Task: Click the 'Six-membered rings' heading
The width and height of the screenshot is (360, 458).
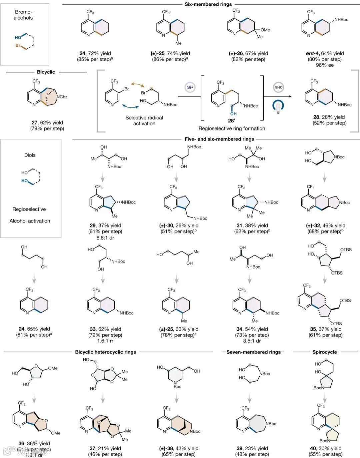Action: pos(208,4)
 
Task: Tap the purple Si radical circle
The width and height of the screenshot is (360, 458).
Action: pos(189,87)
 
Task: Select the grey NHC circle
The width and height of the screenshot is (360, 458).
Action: pos(278,87)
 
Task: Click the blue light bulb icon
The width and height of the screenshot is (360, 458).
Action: pos(278,106)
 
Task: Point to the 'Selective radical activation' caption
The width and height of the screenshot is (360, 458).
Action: pos(144,120)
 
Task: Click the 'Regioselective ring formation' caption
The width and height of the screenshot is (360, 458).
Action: pos(232,128)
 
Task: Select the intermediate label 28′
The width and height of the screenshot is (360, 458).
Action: pos(231,121)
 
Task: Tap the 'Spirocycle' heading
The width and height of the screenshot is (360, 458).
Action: pos(324,352)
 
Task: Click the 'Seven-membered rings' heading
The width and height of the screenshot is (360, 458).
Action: pos(253,352)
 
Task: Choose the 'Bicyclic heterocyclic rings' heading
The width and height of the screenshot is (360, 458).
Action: pos(105,352)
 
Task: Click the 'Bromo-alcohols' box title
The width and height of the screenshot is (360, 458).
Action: pos(23,15)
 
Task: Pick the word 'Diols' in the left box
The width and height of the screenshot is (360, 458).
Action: pos(30,155)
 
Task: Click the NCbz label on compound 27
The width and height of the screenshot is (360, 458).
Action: pos(61,97)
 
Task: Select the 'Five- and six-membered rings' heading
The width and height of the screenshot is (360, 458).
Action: pos(219,139)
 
